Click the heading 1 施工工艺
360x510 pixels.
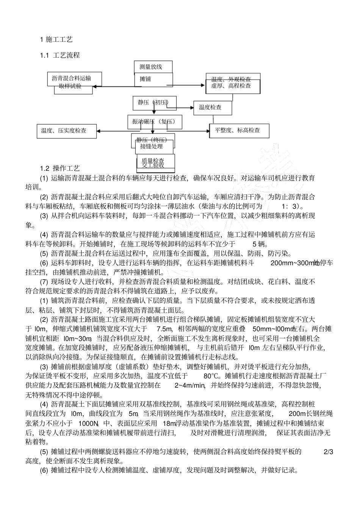coord(56,39)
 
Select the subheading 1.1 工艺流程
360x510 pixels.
coord(60,55)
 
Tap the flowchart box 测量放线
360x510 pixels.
coord(153,67)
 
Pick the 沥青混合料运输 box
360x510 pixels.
coord(71,79)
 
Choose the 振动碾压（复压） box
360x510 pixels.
coord(155,122)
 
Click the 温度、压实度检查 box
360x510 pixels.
coord(64,130)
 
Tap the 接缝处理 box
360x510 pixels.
coord(152,146)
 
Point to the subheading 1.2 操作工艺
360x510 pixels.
coord(60,168)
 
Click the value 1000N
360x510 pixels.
coord(88,423)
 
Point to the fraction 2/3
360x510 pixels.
coord(328,452)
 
